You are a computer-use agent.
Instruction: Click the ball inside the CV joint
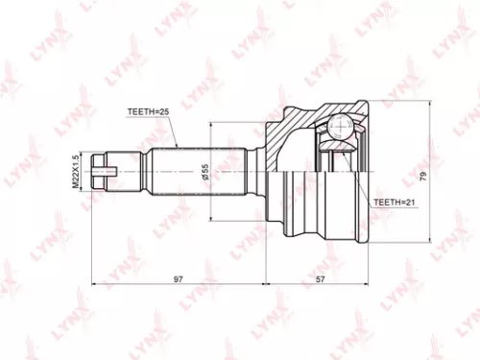tap(338, 128)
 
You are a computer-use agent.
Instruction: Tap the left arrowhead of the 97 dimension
tap(94, 286)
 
